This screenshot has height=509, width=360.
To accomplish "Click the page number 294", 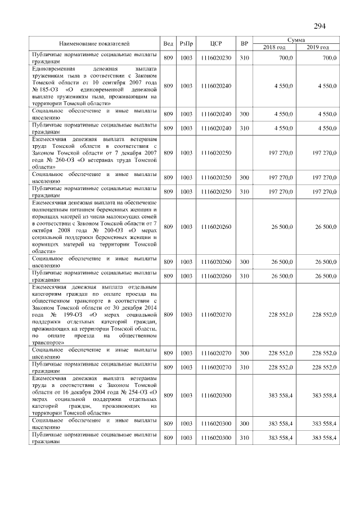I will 319,25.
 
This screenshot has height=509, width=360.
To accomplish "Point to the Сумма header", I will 296,40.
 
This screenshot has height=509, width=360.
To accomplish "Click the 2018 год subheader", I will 274,47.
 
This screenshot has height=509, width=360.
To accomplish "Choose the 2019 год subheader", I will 318,47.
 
